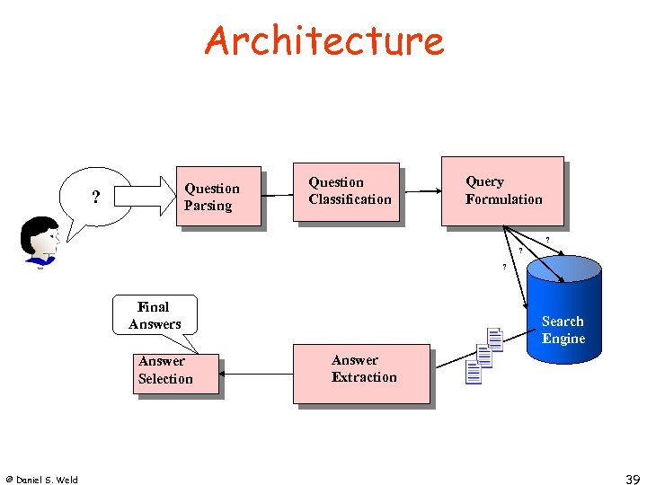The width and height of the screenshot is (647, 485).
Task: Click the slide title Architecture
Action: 323,40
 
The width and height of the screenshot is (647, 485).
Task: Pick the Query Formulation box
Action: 502,190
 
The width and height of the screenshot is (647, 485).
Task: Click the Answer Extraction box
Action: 361,373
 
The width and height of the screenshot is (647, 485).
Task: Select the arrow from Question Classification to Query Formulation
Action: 420,191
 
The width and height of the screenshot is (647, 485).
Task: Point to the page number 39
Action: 632,480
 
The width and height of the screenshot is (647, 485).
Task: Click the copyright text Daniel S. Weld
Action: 41,480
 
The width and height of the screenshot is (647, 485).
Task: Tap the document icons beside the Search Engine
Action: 484,356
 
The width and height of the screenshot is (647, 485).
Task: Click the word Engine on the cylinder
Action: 563,339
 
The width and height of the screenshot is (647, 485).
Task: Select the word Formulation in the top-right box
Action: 504,199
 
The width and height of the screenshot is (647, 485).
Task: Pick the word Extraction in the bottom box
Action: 364,377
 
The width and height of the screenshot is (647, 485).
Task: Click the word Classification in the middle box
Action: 350,199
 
